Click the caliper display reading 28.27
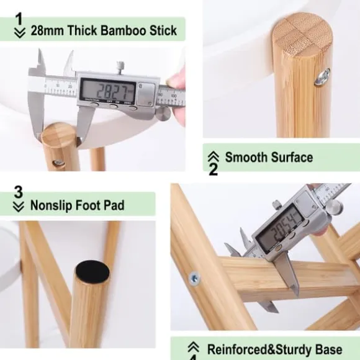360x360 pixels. [107, 91]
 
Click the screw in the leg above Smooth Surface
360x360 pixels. [323, 76]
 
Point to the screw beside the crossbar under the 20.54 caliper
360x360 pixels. [194, 278]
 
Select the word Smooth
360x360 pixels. [246, 157]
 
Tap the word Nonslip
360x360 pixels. [52, 205]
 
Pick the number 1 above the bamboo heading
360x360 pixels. [19, 19]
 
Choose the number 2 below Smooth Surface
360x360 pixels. [214, 169]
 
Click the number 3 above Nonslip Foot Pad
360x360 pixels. [19, 192]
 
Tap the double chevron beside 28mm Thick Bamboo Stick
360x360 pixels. [20, 33]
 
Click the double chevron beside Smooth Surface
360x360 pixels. [214, 156]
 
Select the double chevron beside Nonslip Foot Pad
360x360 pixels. [19, 207]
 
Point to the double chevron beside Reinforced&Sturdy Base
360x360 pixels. [193, 347]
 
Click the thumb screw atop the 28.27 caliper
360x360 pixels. [120, 67]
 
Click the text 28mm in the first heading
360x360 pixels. [47, 30]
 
